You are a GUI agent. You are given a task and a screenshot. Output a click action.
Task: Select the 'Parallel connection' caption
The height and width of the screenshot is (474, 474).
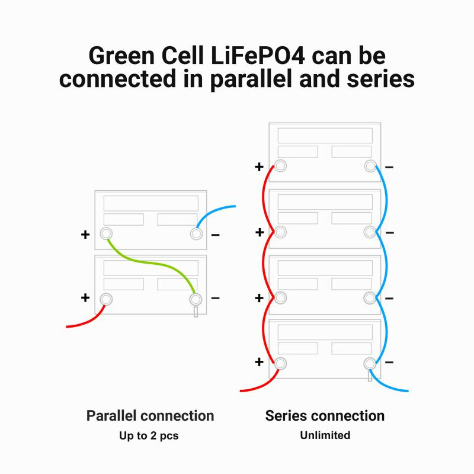(150, 415)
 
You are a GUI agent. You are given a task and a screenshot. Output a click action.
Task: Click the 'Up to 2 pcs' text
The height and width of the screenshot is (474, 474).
(150, 435)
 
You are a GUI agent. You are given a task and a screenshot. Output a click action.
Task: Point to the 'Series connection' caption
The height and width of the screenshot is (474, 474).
(325, 415)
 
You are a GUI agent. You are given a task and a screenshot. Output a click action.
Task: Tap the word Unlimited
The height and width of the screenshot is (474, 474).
(325, 435)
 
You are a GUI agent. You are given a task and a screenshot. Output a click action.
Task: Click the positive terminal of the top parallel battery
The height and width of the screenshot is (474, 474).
(106, 233)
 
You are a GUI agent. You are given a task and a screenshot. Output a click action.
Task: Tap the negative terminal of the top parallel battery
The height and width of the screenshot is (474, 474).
(196, 233)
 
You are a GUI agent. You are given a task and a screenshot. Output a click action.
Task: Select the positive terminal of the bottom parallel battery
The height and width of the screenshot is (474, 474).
(106, 299)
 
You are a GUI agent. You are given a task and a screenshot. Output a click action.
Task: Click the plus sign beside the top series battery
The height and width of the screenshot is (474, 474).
(259, 167)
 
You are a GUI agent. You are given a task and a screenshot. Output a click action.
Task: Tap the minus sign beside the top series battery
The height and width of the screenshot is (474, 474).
(389, 167)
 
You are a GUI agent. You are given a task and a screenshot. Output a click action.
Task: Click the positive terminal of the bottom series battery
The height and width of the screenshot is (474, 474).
(281, 363)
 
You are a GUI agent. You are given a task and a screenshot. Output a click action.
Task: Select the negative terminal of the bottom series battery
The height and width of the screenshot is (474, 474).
(370, 363)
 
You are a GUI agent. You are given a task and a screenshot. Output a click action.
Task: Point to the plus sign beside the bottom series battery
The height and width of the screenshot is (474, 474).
(259, 361)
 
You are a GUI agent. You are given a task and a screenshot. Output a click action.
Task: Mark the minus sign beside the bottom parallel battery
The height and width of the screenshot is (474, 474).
(215, 297)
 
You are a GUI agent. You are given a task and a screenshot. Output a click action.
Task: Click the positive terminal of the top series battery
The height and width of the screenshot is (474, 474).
(281, 166)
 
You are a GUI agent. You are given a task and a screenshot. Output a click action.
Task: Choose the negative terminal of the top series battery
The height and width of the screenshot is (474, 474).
(370, 166)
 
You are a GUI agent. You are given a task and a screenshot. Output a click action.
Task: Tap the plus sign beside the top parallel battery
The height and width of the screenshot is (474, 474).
(85, 235)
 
